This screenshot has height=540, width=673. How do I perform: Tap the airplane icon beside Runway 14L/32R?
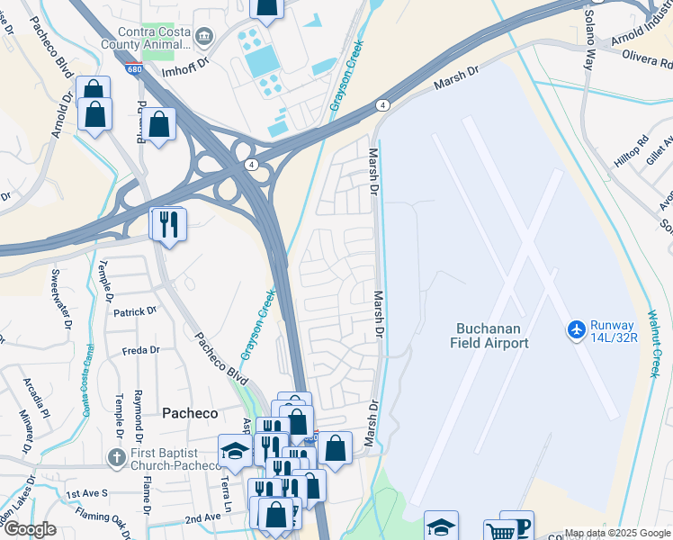tap(577, 330)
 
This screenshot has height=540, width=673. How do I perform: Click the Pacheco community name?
tap(190, 412)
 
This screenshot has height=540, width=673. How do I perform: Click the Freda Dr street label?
tap(140, 350)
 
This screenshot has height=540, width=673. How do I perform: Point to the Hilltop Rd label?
tap(630, 142)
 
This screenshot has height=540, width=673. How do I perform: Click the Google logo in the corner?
tap(29, 529)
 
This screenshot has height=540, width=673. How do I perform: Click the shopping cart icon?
tap(499, 531)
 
